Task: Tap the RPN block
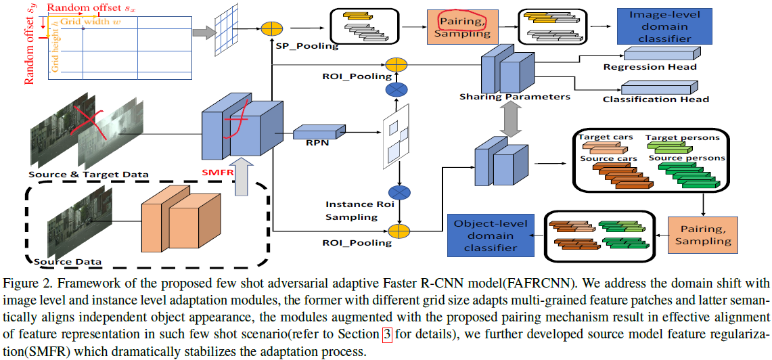click(311, 133)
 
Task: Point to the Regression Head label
click(650, 67)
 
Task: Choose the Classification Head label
click(656, 99)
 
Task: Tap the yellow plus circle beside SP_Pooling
click(271, 29)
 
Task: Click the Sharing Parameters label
click(515, 97)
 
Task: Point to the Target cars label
click(606, 137)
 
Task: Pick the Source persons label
click(686, 158)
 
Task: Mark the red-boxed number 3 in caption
click(388, 334)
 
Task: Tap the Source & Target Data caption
click(89, 175)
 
